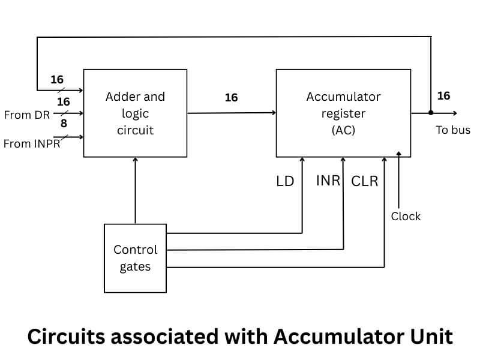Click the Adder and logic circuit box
coord(135,113)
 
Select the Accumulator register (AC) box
coord(343,113)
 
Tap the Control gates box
coord(135,258)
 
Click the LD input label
coord(285,181)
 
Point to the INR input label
coord(328,180)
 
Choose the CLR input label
coord(365,181)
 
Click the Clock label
coord(406,216)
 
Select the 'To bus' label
coord(453,130)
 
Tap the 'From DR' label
coord(26,115)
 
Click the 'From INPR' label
coord(32,144)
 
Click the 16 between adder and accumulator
coord(231,97)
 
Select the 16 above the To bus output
coord(443,96)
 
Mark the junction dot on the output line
coord(431,113)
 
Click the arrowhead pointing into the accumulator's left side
coord(273,113)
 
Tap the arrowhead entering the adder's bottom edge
coord(135,160)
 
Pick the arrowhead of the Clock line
coord(399,154)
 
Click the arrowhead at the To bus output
coord(454,113)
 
